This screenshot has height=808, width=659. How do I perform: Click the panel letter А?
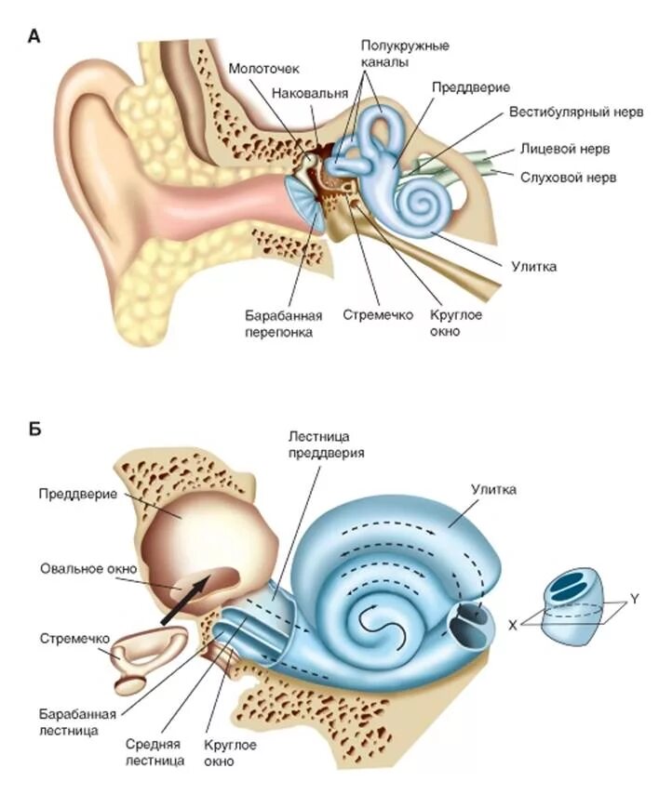(34, 36)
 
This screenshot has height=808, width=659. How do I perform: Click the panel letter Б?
(34, 429)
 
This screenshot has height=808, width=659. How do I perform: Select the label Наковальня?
(310, 93)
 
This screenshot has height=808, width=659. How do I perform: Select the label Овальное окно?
(89, 568)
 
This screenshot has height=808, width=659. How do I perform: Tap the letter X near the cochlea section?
(512, 627)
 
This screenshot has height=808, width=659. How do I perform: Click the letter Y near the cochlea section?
(634, 599)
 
